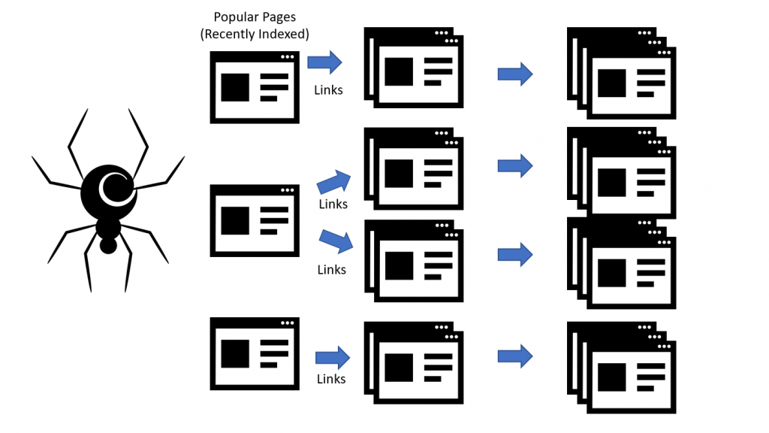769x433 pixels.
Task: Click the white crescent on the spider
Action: pyautogui.click(x=113, y=189)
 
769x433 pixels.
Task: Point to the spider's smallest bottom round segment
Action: pyautogui.click(x=109, y=246)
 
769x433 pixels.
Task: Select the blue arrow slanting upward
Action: pyautogui.click(x=334, y=181)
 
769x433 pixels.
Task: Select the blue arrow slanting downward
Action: pyautogui.click(x=336, y=241)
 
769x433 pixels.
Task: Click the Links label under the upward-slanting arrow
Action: pyautogui.click(x=333, y=204)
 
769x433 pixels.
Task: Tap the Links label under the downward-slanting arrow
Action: pyautogui.click(x=331, y=269)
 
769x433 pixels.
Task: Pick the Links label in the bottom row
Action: pyautogui.click(x=331, y=379)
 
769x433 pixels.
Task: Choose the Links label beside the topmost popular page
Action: pyautogui.click(x=328, y=90)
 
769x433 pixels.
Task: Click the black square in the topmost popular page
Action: pyautogui.click(x=234, y=87)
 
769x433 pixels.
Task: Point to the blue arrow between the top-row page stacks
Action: pyautogui.click(x=515, y=74)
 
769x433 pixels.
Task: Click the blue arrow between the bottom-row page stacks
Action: pyautogui.click(x=515, y=355)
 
